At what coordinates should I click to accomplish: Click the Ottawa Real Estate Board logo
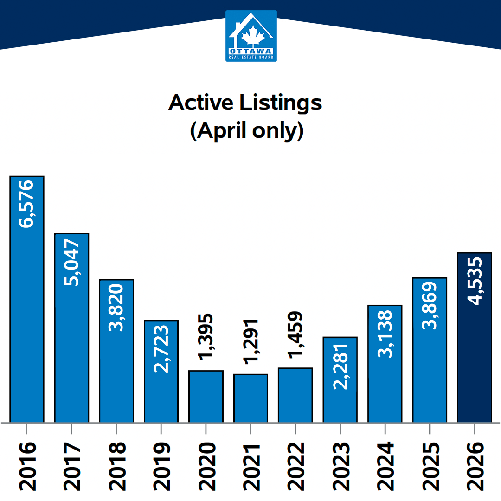251,36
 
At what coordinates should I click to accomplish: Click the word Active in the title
201,103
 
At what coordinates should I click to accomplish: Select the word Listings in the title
281,103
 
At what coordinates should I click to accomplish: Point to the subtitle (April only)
246,131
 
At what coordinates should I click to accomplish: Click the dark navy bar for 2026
475,337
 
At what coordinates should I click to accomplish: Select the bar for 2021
250,398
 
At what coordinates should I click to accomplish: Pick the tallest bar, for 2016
27,299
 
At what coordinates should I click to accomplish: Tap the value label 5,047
71,262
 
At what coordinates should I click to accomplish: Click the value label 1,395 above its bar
206,337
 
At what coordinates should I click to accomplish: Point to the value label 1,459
295,334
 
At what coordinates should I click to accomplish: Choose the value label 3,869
430,305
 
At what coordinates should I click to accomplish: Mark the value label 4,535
475,281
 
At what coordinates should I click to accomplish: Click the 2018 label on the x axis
117,466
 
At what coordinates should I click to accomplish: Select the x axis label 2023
341,466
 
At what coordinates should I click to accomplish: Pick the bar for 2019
161,371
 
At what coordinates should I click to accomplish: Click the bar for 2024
385,364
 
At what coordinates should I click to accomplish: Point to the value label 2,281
340,366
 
